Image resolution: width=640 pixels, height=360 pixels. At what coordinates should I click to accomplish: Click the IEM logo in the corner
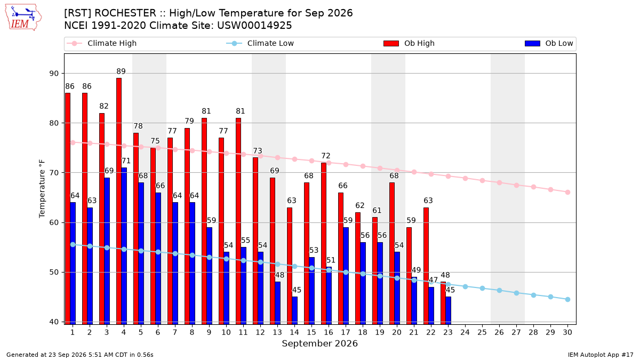tap(23, 18)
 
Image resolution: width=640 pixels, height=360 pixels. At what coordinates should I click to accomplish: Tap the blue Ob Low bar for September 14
tap(294, 310)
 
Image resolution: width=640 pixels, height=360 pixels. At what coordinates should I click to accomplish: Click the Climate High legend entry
tap(101, 43)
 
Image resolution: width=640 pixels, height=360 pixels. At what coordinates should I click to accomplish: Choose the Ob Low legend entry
tap(549, 43)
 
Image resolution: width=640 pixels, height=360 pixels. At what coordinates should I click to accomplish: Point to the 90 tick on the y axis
tap(54, 74)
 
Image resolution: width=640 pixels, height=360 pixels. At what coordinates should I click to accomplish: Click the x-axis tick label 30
tap(567, 332)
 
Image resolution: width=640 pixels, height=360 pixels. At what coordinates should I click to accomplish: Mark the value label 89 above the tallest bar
tap(121, 71)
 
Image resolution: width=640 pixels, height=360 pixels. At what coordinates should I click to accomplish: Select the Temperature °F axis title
tap(42, 189)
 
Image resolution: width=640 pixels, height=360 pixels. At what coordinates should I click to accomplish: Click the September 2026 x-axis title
tap(319, 343)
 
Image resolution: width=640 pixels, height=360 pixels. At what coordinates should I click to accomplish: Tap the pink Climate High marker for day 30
tap(567, 193)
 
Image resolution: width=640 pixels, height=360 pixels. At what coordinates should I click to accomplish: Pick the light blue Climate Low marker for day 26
tap(499, 290)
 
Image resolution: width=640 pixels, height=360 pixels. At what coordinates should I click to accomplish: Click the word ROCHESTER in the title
tap(125, 13)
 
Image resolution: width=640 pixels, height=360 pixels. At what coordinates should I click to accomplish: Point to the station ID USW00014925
tap(254, 26)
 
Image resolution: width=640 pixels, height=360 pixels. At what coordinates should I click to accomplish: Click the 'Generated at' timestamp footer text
tap(79, 355)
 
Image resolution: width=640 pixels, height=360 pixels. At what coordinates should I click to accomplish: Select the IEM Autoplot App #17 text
tap(601, 355)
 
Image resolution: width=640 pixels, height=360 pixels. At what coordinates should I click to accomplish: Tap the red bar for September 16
tap(324, 243)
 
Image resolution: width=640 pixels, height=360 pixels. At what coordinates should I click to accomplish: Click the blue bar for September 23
tap(449, 310)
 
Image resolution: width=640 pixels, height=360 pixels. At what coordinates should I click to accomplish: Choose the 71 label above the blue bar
tap(126, 161)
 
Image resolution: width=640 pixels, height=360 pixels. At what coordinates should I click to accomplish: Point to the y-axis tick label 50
tap(54, 273)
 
